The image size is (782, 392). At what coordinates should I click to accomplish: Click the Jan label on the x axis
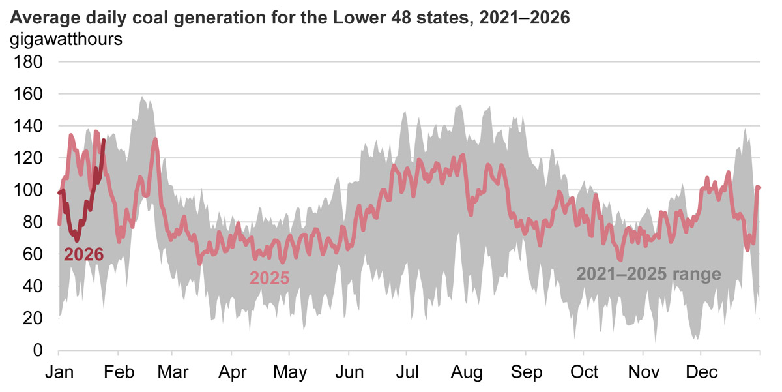tap(59, 372)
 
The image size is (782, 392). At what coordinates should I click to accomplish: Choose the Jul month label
tap(407, 372)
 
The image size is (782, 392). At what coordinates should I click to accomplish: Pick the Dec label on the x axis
tap(701, 372)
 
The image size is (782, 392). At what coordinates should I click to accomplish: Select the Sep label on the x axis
tap(526, 372)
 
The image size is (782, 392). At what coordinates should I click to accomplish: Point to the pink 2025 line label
tap(270, 278)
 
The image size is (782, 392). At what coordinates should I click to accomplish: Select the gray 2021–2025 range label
tap(648, 274)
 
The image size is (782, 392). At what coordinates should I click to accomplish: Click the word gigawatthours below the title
tap(66, 39)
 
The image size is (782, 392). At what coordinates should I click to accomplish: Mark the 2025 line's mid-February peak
tap(154, 139)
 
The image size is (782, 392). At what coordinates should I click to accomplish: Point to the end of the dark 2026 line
tap(104, 140)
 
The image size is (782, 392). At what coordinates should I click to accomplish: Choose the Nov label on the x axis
tap(643, 372)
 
